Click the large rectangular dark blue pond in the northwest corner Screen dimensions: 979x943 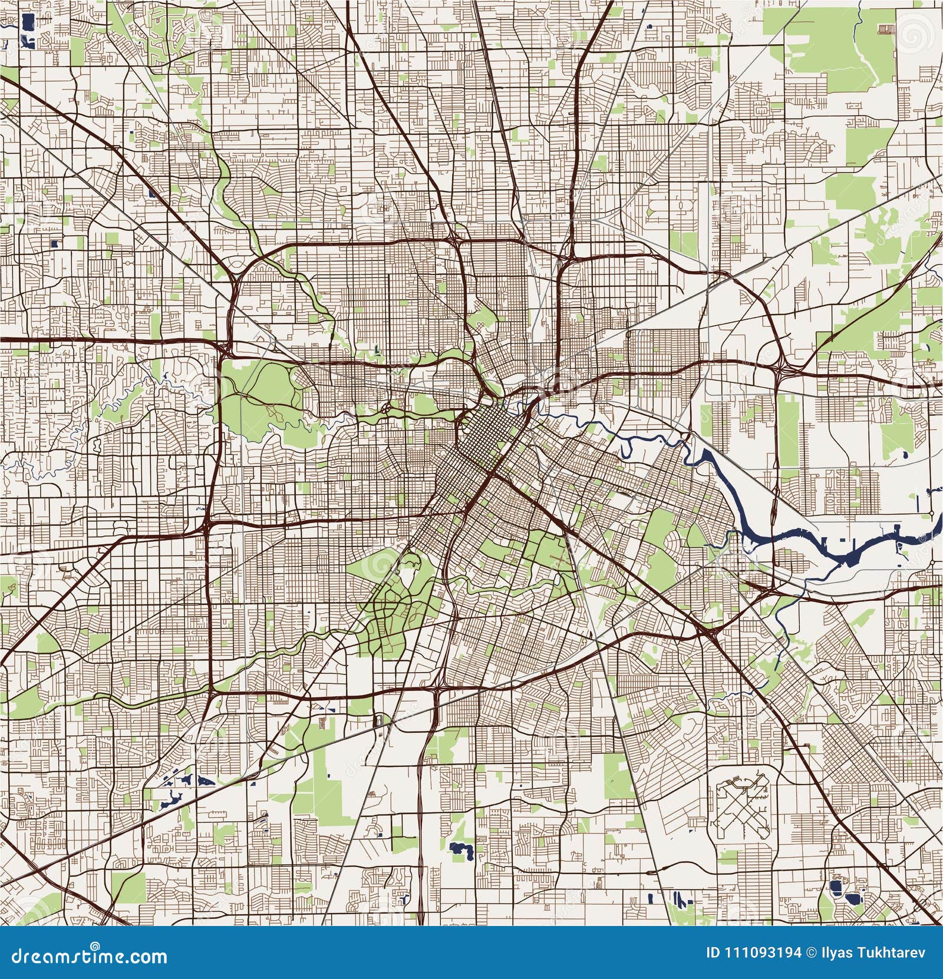tap(27, 25)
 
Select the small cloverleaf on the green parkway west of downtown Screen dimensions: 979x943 tap(386, 408)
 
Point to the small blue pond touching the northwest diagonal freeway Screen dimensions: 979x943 tap(153, 192)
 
